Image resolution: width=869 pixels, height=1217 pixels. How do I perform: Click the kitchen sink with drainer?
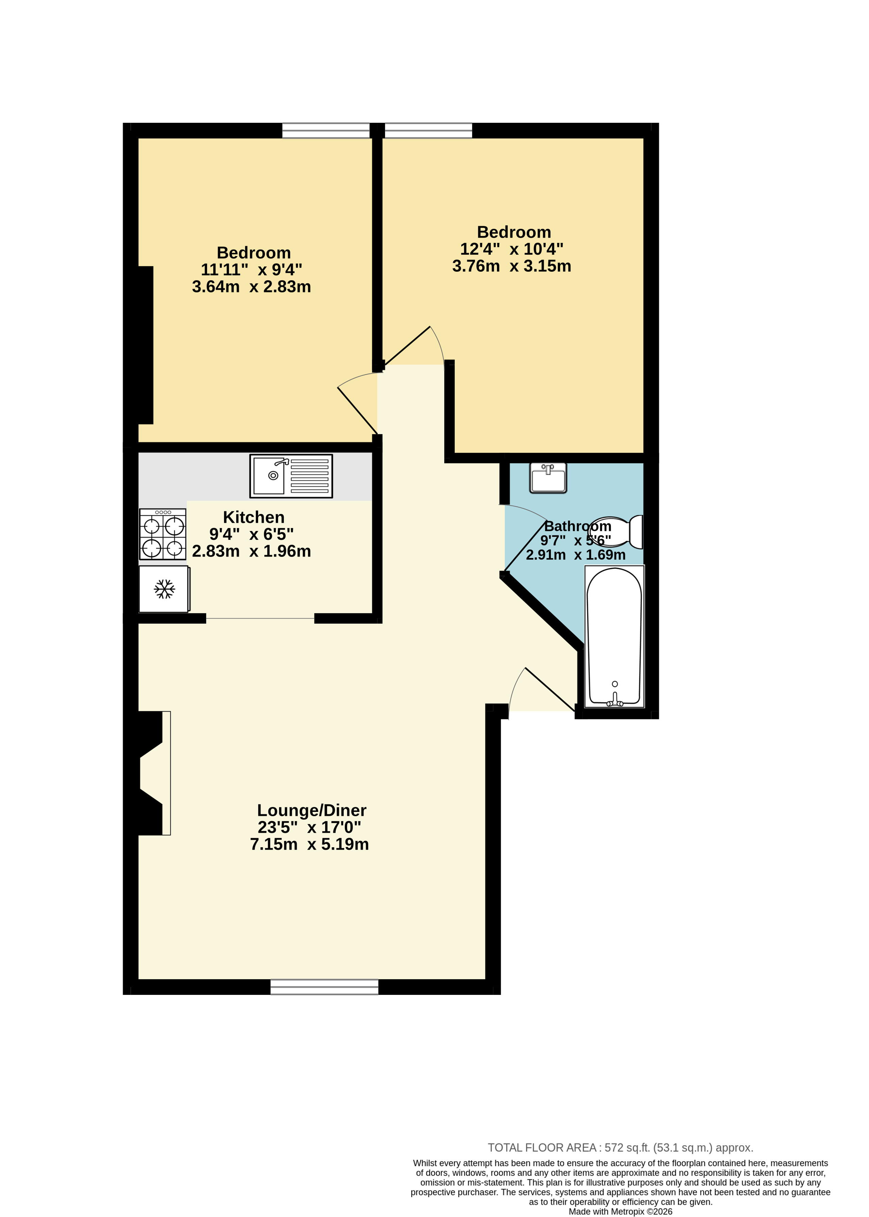(291, 476)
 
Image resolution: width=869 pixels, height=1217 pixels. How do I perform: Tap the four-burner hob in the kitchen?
(163, 534)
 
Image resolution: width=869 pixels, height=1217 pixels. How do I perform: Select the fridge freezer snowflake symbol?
(164, 589)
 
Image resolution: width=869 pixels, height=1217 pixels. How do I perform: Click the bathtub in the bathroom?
(614, 636)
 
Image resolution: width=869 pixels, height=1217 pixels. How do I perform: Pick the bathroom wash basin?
(548, 478)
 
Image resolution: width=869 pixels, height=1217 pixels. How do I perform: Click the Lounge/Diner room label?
(312, 810)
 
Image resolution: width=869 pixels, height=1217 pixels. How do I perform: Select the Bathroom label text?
(578, 526)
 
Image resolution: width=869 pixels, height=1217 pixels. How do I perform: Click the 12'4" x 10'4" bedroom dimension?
(512, 249)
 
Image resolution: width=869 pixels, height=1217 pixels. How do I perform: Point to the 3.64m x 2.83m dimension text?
(251, 286)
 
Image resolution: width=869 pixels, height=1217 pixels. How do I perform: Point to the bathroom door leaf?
(525, 545)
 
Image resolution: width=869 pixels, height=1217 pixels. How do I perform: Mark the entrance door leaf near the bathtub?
(551, 689)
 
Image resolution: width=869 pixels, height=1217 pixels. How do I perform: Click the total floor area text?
(620, 1147)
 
